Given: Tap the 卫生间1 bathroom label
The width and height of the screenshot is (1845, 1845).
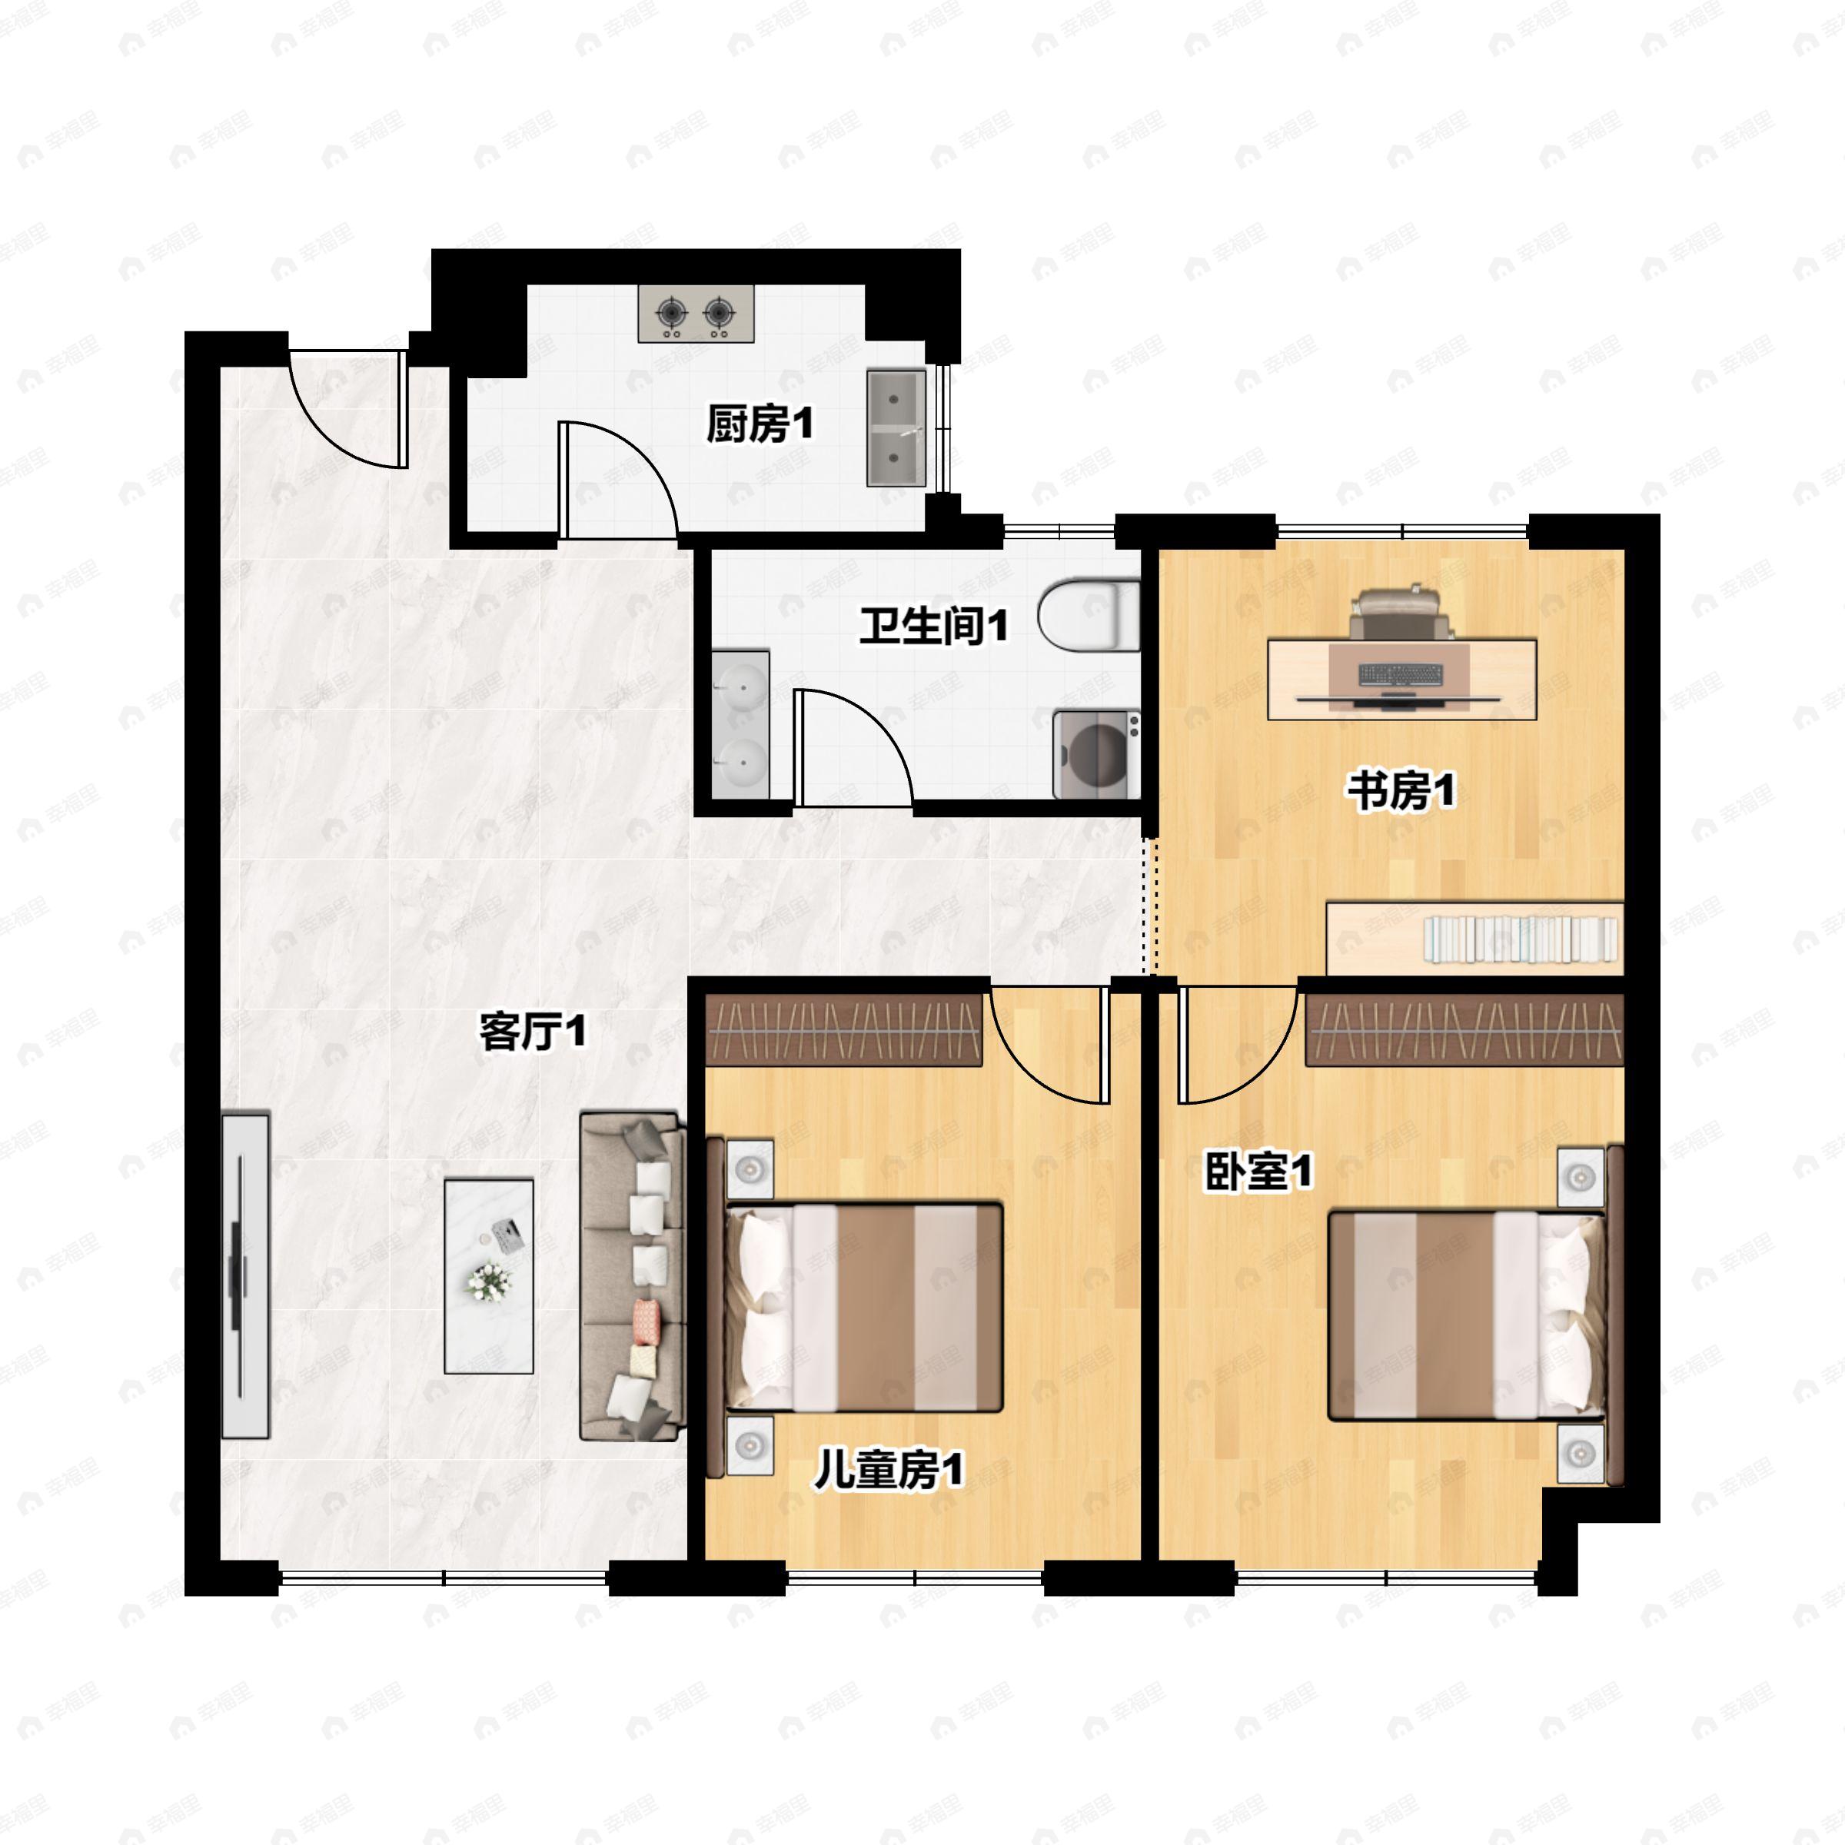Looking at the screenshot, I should click(x=933, y=627).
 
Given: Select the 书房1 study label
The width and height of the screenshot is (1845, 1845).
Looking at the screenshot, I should click(x=1401, y=791).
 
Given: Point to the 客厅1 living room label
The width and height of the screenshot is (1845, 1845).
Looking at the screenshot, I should click(x=532, y=1032).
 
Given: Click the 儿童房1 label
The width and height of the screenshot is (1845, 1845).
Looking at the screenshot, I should click(x=888, y=1471).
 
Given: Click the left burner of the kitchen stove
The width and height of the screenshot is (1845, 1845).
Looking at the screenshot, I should click(x=673, y=311).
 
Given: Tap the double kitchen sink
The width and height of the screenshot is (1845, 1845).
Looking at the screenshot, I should click(x=896, y=429).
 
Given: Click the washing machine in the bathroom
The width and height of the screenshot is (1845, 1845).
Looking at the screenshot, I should click(x=1096, y=754).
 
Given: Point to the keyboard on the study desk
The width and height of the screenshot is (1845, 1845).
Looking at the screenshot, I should click(x=1400, y=674).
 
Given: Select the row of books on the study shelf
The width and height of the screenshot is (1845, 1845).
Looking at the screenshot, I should click(x=1521, y=939).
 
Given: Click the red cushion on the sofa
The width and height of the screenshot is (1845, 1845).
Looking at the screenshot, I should click(x=647, y=1318).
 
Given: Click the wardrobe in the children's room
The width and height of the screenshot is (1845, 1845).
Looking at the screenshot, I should click(x=844, y=1029).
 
